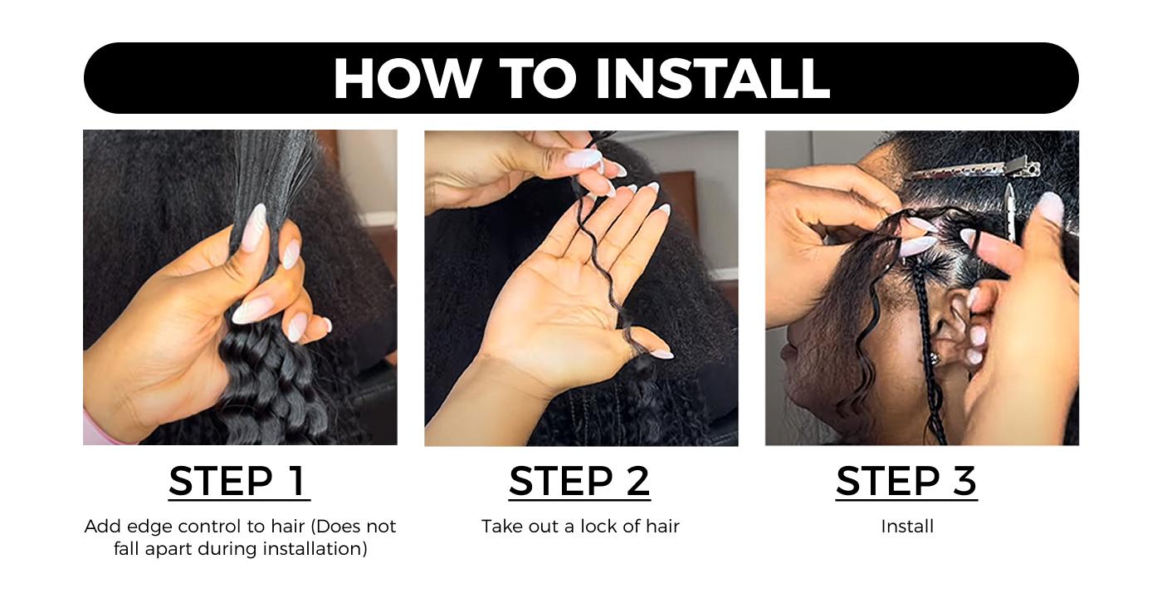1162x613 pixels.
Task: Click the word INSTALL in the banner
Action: click(713, 78)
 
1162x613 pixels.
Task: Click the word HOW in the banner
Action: click(406, 78)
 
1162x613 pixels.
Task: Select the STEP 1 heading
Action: click(239, 481)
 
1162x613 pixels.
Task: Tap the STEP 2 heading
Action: click(579, 481)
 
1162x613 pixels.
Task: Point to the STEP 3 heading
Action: click(906, 481)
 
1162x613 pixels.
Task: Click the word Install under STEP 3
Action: click(907, 527)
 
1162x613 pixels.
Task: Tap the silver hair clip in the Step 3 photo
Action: click(975, 170)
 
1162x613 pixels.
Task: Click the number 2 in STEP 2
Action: click(637, 481)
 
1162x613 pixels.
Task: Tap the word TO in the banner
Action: click(538, 78)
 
